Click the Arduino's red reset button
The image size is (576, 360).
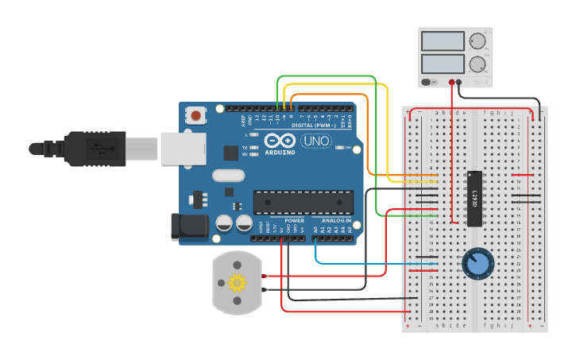pyautogui.click(x=196, y=116)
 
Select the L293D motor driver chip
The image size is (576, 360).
pyautogui.click(x=474, y=199)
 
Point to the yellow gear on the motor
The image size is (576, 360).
pyautogui.click(x=236, y=282)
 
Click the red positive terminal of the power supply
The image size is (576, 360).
pyautogui.click(x=451, y=82)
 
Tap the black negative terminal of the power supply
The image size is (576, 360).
pyautogui.click(x=459, y=82)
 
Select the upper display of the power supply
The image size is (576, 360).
pyautogui.click(x=443, y=41)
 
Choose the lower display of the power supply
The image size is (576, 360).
pyautogui.click(x=443, y=64)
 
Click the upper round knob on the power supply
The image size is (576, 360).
pyautogui.click(x=478, y=41)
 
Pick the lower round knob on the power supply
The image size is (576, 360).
pyautogui.click(x=478, y=64)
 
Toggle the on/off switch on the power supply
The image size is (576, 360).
pyautogui.click(x=429, y=82)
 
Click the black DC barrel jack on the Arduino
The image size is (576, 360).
pyautogui.click(x=189, y=226)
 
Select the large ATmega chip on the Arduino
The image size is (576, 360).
pyautogui.click(x=303, y=203)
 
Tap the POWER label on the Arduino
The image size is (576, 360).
pyautogui.click(x=294, y=221)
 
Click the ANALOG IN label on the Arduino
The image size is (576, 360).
pyautogui.click(x=336, y=221)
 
